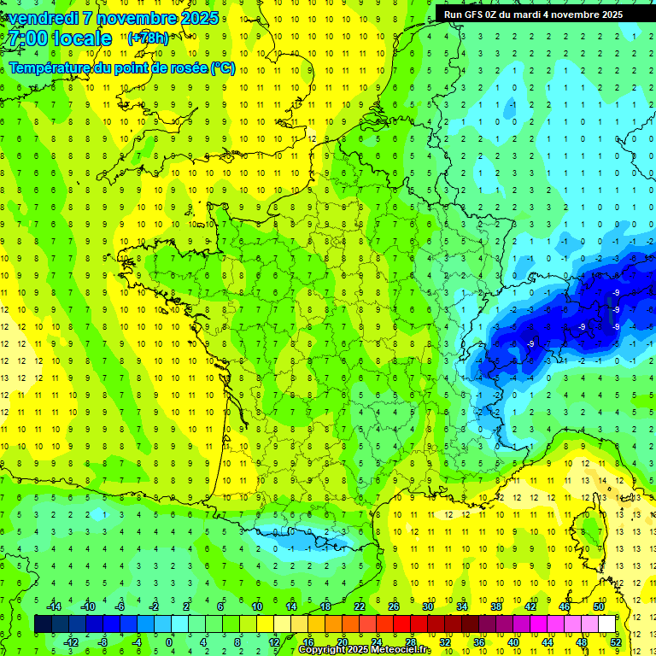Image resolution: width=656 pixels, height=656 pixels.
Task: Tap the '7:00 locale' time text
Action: (x=61, y=38)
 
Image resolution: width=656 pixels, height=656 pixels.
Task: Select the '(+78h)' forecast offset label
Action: (x=148, y=38)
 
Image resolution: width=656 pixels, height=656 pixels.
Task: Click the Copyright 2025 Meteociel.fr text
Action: (x=365, y=649)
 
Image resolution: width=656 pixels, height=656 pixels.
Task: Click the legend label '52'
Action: (x=616, y=642)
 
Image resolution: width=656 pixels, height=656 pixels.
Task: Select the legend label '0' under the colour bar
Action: (x=169, y=642)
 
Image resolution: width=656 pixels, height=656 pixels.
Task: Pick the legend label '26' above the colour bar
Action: (x=394, y=606)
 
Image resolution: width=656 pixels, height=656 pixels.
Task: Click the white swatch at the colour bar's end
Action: (x=607, y=624)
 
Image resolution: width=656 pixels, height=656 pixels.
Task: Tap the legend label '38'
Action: (x=496, y=606)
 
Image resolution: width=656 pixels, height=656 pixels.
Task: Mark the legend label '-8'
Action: (x=103, y=642)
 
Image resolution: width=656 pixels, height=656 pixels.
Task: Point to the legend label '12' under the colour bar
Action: (x=274, y=642)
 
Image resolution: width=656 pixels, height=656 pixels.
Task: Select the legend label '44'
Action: (x=548, y=642)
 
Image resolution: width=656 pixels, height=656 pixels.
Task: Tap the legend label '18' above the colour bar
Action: (x=325, y=606)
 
